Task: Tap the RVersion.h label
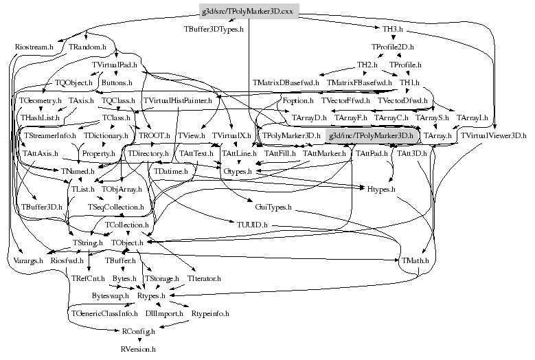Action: click(x=138, y=349)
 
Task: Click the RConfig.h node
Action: click(x=138, y=331)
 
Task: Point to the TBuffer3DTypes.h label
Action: click(x=214, y=30)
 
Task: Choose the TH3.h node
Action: click(x=392, y=30)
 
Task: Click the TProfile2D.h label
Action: click(x=392, y=47)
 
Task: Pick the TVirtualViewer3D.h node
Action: click(x=493, y=136)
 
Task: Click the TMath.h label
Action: click(x=416, y=260)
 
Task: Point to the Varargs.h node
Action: click(x=27, y=260)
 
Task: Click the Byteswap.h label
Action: click(x=111, y=295)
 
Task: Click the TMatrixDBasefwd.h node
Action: click(x=286, y=82)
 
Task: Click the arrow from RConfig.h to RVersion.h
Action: click(x=138, y=340)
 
